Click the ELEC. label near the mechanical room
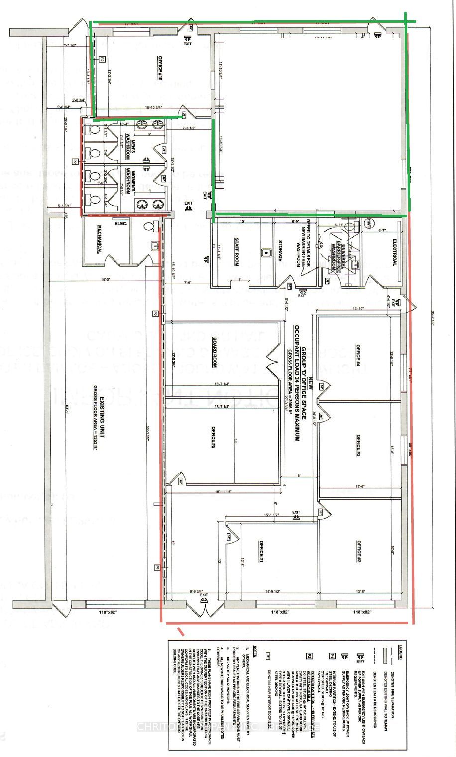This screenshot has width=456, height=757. [x=121, y=224]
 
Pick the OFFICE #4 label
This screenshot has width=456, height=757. [x=357, y=355]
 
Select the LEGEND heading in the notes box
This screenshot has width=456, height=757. [x=398, y=651]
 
